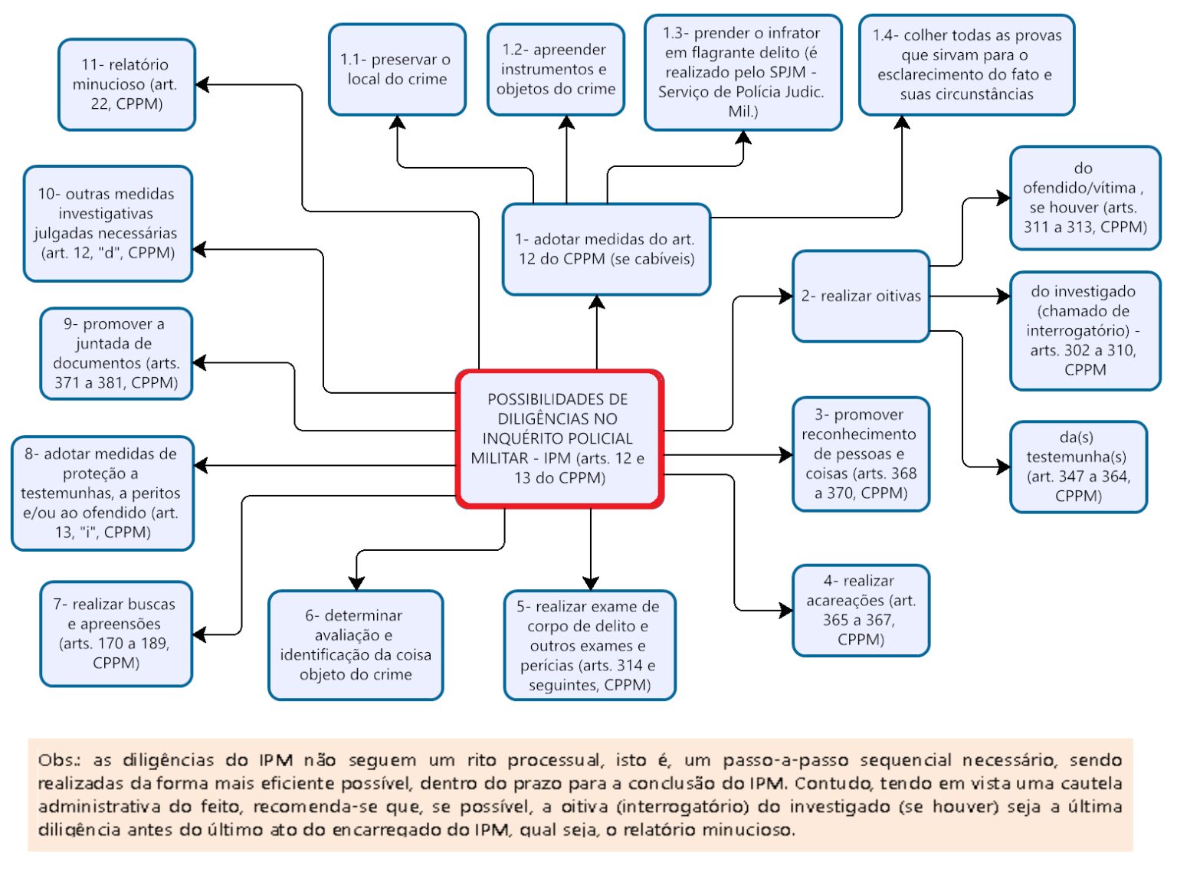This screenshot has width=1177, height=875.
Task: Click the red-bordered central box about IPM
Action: [559, 439]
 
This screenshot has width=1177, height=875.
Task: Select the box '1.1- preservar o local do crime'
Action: [397, 70]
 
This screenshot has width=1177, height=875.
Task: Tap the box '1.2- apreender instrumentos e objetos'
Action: [556, 70]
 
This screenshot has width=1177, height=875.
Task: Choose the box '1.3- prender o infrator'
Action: [742, 72]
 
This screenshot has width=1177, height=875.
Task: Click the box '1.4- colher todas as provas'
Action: [966, 65]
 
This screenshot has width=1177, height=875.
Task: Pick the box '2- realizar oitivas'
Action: [861, 297]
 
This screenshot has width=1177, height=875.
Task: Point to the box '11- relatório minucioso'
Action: [126, 84]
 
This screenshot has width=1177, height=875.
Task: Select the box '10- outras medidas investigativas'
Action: [107, 224]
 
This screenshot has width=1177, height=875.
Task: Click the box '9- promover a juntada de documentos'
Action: [116, 353]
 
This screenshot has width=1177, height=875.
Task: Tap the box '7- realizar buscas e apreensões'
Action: [116, 634]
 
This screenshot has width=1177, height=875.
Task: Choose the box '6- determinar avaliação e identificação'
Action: [356, 645]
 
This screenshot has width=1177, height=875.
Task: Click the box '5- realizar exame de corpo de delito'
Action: [589, 645]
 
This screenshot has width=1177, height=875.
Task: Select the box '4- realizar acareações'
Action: [861, 611]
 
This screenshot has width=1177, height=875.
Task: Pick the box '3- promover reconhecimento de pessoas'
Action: [861, 454]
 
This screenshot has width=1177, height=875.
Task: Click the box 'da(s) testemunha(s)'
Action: [1078, 467]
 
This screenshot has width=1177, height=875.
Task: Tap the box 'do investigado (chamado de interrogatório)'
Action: [1084, 330]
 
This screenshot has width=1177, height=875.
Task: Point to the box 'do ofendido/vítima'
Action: [1084, 198]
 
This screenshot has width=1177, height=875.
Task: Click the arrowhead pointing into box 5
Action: [590, 582]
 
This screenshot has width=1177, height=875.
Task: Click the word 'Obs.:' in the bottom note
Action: [59, 760]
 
